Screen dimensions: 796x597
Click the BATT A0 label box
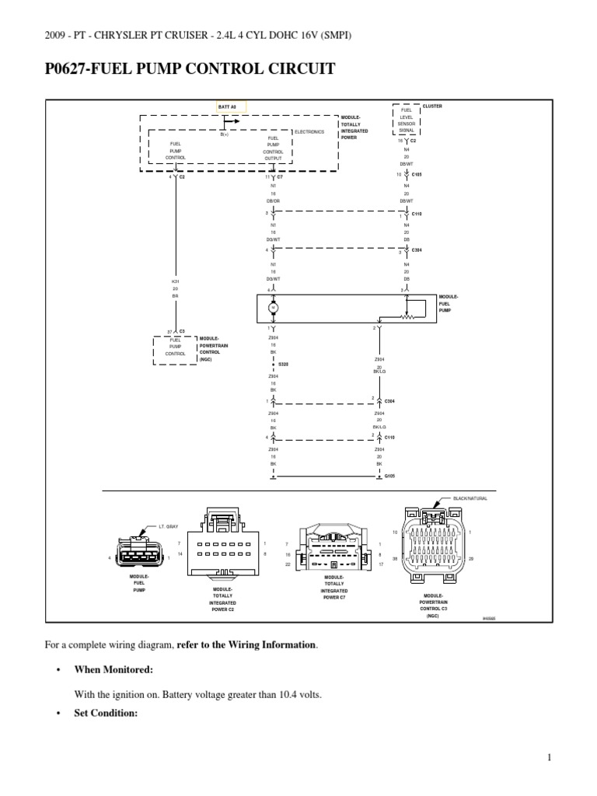[x=231, y=106]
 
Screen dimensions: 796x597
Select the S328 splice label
[x=284, y=363]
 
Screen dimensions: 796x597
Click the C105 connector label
[x=416, y=175]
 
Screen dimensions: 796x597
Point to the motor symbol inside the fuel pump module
[x=273, y=307]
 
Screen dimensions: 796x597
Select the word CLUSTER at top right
[x=432, y=106]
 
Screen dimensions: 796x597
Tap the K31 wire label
[x=176, y=281]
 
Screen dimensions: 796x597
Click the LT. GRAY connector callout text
[x=169, y=526]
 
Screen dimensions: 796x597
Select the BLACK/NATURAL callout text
[x=471, y=497]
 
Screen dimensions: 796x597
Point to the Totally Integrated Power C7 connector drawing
[x=335, y=552]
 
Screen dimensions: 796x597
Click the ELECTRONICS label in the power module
[x=309, y=132]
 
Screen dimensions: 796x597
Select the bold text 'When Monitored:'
[x=113, y=669]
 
